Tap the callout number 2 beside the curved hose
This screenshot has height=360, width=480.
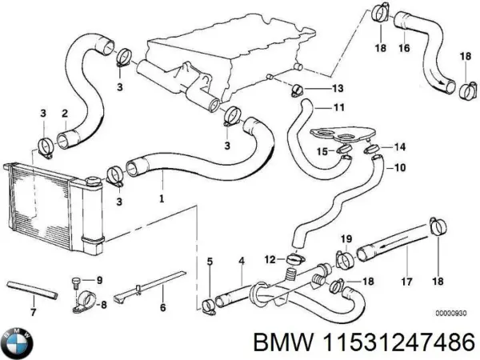(64, 114)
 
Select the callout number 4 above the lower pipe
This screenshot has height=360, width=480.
(241, 261)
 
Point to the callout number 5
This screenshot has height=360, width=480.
(210, 261)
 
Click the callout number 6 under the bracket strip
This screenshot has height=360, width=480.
(163, 306)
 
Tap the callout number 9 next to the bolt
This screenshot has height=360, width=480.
(100, 279)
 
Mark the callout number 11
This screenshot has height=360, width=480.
(338, 106)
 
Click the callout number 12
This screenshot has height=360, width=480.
(269, 258)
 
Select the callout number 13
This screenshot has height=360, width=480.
(337, 87)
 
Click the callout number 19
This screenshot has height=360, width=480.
(346, 238)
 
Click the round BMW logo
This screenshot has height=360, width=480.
(17, 341)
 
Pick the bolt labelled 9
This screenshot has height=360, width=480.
(75, 281)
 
